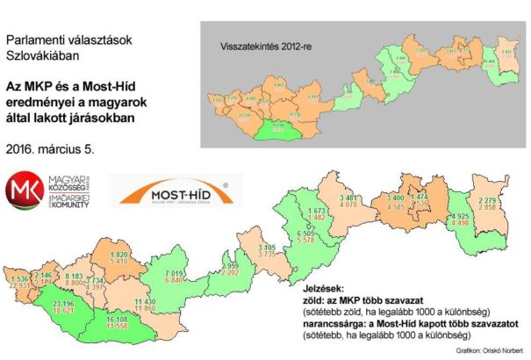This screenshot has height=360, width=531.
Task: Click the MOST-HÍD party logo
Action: (x=175, y=192)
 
